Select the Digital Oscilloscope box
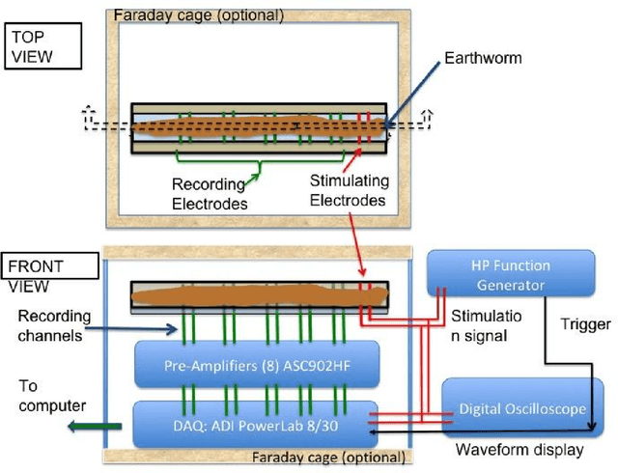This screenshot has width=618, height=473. point(520,409)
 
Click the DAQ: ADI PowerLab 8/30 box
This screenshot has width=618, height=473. point(254,422)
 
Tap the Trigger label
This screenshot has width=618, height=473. point(585,324)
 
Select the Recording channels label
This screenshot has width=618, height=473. point(56,324)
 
